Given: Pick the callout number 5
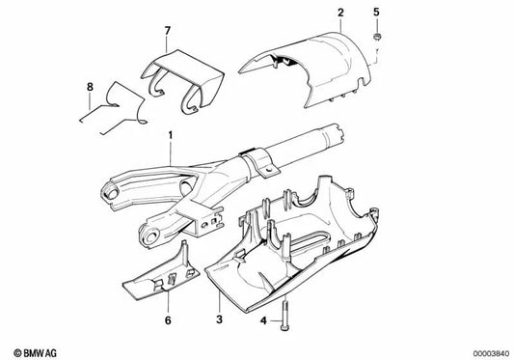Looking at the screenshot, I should click(377, 13).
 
